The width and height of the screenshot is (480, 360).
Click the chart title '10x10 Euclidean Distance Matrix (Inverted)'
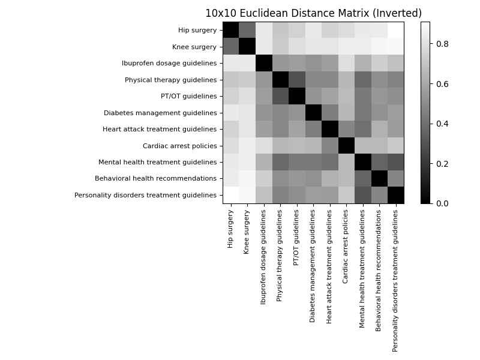[313, 13]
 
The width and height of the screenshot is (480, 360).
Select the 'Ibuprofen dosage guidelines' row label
[169, 63]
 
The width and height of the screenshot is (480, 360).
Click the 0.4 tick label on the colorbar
[441, 124]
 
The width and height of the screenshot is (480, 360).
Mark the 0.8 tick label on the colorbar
[441, 44]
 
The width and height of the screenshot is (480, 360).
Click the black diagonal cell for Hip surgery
[231, 30]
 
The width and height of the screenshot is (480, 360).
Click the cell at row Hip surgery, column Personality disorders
[395, 30]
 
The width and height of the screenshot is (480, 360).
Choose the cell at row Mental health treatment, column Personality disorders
[395, 162]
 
